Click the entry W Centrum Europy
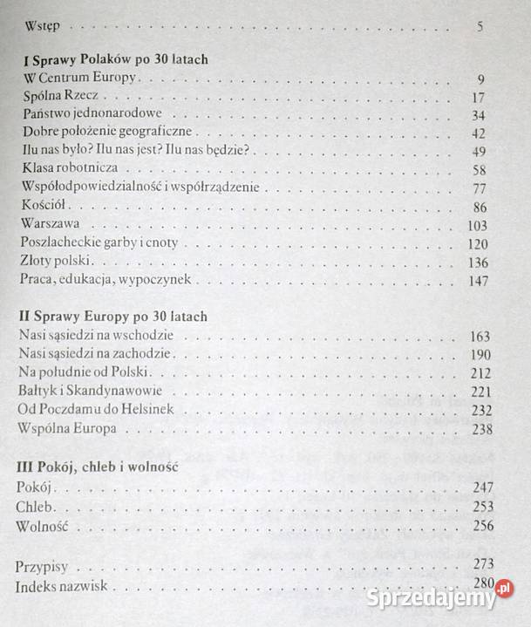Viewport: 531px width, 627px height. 79,80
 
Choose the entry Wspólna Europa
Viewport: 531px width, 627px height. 67,428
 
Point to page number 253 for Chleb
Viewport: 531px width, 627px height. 479,507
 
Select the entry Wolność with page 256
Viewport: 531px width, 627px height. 41,525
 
